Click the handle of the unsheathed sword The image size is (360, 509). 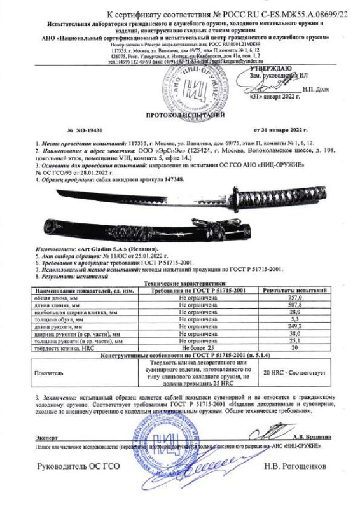point(280,201)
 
